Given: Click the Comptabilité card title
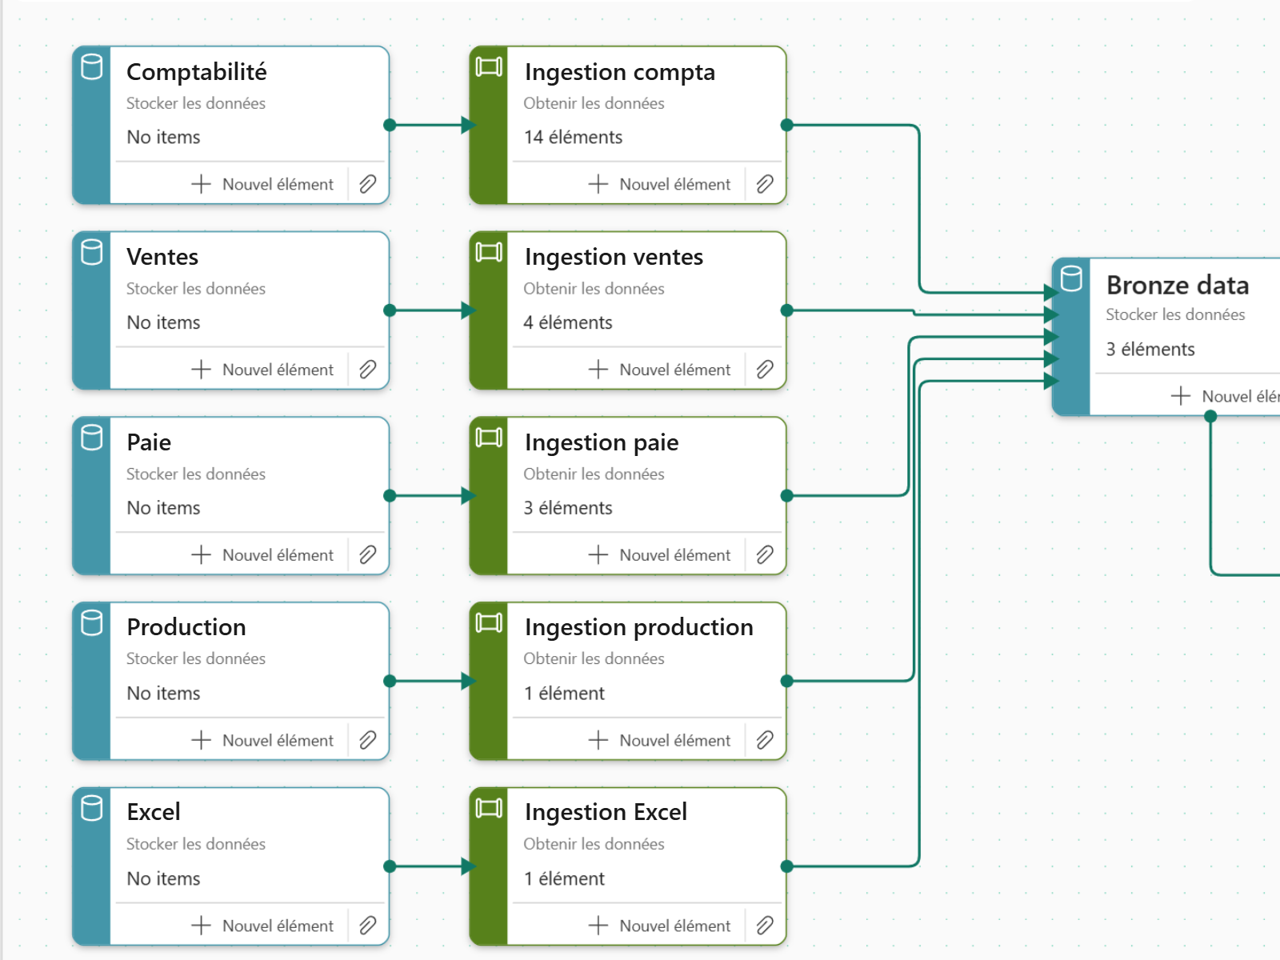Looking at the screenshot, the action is click(x=197, y=72).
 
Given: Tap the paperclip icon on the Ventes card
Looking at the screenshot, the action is click(x=367, y=369).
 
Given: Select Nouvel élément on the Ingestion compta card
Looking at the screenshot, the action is click(x=659, y=184).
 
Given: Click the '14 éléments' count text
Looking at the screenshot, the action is click(x=574, y=137).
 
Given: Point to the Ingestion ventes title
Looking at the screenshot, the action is click(x=614, y=257).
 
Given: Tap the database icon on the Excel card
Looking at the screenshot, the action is click(x=91, y=809).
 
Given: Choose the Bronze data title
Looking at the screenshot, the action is click(x=1178, y=286).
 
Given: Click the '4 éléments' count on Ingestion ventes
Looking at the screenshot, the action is click(x=567, y=322).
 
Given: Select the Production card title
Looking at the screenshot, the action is click(x=186, y=627).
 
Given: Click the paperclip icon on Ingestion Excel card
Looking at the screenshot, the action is click(x=765, y=925).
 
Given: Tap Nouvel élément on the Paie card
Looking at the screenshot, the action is click(x=262, y=555).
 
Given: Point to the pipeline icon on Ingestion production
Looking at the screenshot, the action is click(x=489, y=623).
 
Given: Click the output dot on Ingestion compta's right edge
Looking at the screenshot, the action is click(x=786, y=125).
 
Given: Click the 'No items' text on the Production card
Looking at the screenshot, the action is click(x=163, y=693).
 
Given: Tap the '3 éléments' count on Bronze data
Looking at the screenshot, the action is click(x=1150, y=349).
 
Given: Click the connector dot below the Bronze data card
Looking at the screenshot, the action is click(x=1210, y=416).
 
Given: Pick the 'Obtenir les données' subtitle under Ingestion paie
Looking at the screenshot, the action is click(x=594, y=474).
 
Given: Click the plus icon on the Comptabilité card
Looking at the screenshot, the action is click(x=201, y=184).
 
